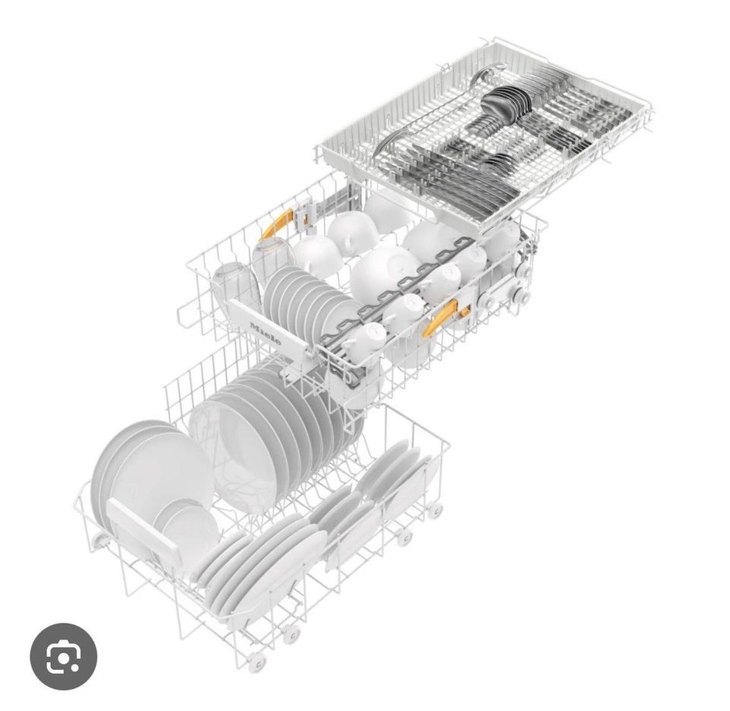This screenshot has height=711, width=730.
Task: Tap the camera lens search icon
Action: click(63, 656)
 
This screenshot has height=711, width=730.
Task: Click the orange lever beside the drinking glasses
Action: click(276, 224)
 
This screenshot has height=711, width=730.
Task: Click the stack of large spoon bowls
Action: click(506, 105)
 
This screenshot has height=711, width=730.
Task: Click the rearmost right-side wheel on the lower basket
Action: click(435, 510)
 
